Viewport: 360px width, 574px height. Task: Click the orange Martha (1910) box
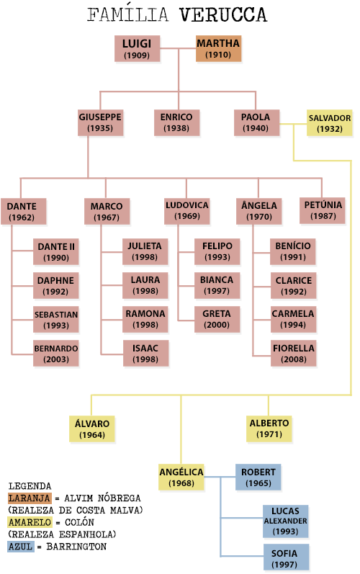(218, 48)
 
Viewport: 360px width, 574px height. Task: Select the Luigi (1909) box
(138, 48)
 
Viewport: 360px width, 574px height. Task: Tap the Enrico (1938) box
(176, 122)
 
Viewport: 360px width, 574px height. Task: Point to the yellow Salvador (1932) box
(329, 122)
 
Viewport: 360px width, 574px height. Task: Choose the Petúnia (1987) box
(323, 210)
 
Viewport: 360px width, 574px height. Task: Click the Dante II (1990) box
(56, 252)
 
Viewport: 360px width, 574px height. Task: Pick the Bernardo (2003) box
(56, 354)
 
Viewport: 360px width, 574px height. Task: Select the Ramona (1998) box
(145, 320)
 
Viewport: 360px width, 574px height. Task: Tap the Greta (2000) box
(217, 320)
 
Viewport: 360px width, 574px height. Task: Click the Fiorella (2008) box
(294, 354)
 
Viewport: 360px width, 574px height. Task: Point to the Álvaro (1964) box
(92, 429)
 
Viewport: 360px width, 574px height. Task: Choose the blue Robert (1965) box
(258, 477)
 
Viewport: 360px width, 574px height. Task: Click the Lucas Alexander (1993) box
(285, 521)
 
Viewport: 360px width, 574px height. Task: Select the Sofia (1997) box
(286, 557)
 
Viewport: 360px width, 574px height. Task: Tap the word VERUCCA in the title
(223, 15)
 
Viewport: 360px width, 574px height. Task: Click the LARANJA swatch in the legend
(30, 498)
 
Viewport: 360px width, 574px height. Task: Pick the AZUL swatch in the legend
(21, 547)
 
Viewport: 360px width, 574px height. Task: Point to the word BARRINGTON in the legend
(76, 547)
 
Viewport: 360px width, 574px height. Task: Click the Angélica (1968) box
(181, 477)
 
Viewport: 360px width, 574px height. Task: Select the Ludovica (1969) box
(187, 211)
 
